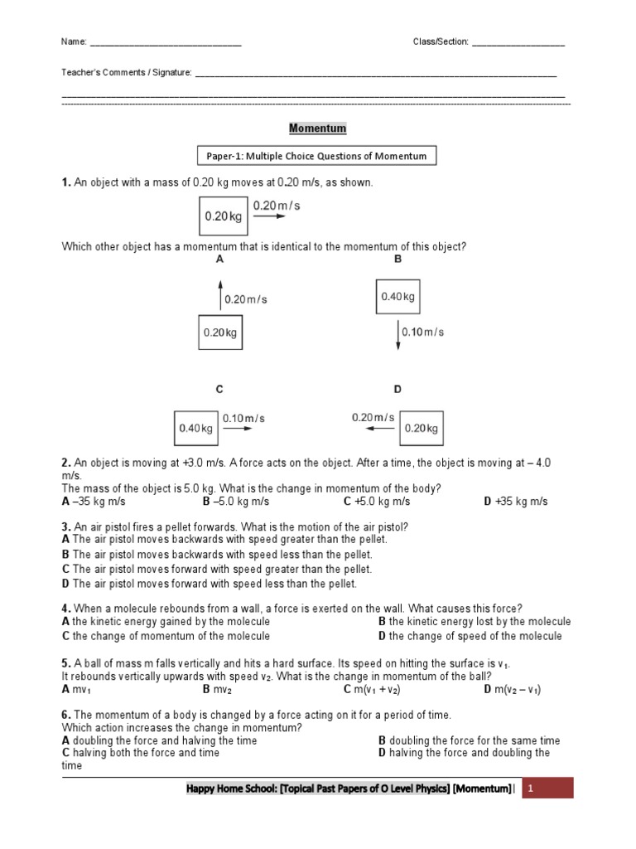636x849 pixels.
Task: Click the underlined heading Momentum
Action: (317, 129)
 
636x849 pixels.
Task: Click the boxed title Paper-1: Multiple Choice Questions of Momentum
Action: (317, 156)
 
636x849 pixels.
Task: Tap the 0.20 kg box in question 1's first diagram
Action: (224, 216)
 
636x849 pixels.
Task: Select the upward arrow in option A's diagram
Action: (220, 294)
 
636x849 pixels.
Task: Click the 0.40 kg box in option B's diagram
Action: (397, 297)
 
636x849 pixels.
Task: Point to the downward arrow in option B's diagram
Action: (397, 332)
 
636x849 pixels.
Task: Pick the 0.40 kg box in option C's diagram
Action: (196, 429)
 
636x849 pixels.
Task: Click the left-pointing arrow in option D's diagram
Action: (381, 429)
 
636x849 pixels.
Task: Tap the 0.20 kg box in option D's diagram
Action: (422, 429)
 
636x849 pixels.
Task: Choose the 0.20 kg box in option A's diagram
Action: (220, 332)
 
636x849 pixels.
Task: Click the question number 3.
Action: (65, 526)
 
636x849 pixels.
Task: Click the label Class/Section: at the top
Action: (441, 41)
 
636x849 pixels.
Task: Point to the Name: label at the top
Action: (74, 41)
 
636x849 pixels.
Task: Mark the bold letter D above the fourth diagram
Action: (397, 389)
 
